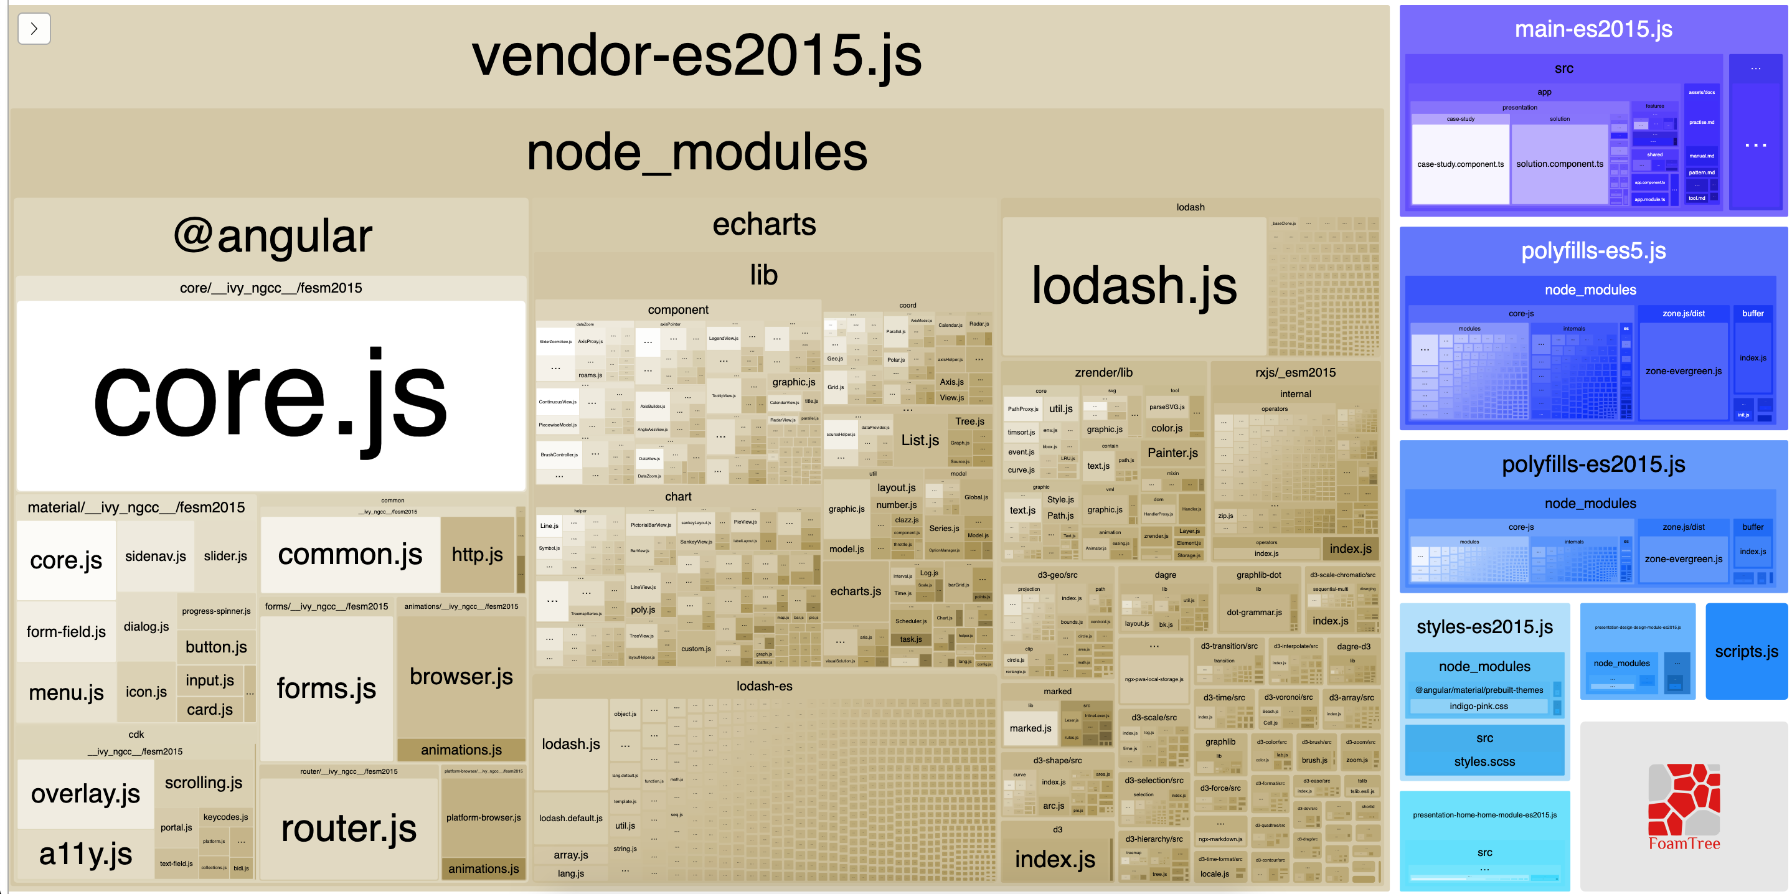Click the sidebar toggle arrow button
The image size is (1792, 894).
point(34,29)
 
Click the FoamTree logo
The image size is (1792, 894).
point(1684,807)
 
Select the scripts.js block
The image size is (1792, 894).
point(1746,651)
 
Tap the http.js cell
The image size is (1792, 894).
point(477,555)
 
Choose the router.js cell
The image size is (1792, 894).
point(349,828)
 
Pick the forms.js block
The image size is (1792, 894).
point(326,688)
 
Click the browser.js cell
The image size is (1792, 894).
point(461,676)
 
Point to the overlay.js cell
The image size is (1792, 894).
point(85,793)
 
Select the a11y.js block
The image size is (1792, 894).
point(85,854)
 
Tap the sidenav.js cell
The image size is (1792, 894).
point(155,556)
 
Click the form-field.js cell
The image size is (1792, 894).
point(66,632)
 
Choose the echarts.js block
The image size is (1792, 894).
point(855,591)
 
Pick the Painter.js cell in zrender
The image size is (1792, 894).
point(1172,453)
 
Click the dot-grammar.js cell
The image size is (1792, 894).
point(1253,612)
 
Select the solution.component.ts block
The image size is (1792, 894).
point(1560,164)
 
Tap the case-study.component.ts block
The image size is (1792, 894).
point(1460,164)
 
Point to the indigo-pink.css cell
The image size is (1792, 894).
point(1478,706)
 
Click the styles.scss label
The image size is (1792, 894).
point(1484,761)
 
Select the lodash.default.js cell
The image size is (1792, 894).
point(570,818)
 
